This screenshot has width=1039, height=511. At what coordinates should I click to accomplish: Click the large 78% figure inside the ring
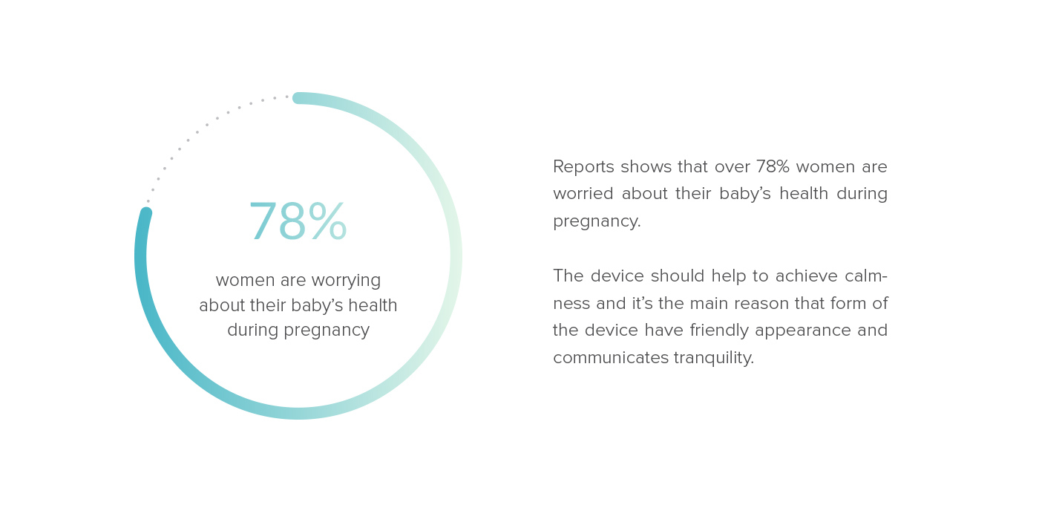coord(298,223)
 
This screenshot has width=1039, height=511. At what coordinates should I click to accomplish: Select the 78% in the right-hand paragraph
coord(773,167)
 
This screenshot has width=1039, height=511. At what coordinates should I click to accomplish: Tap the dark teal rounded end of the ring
coord(145,214)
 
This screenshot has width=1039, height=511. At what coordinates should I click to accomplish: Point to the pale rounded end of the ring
coord(298,98)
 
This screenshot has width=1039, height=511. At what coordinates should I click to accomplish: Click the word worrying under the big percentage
coord(346,281)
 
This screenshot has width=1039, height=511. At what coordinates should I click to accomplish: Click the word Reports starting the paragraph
coord(584,167)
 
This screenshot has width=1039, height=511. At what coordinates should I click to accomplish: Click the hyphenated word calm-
coord(866,276)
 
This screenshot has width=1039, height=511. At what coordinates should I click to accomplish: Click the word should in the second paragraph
coord(678,276)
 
